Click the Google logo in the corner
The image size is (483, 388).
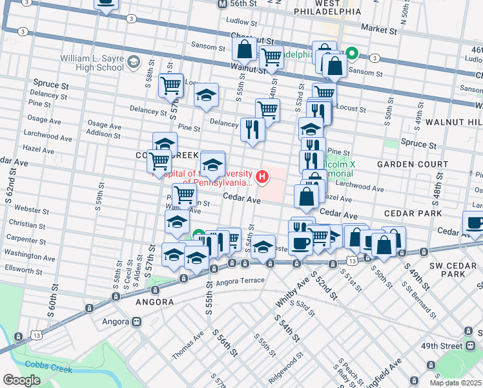pos(21,380)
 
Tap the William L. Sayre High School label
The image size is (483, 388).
pos(92,63)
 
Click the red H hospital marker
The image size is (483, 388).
pos(262,176)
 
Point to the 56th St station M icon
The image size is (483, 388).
pos(221,3)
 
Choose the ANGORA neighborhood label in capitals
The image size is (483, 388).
pos(155,302)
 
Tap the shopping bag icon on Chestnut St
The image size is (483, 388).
pos(245,48)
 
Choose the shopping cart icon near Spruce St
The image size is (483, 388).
pos(171,85)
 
